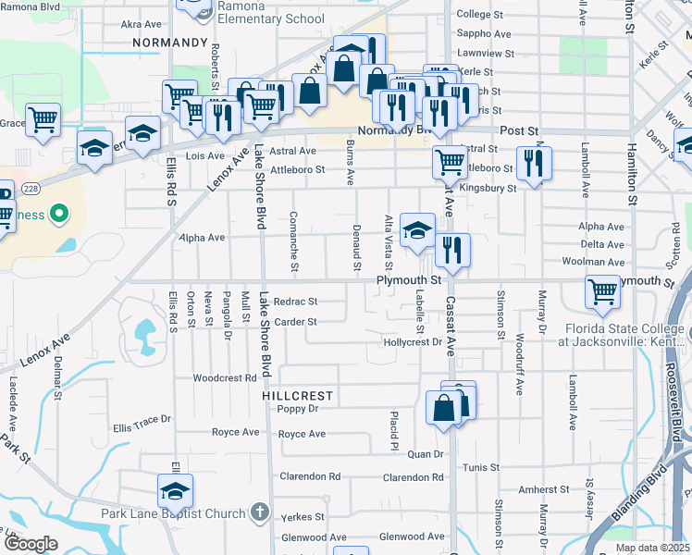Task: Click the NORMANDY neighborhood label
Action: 169,43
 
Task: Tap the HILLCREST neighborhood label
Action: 297,395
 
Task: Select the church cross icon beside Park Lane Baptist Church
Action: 261,512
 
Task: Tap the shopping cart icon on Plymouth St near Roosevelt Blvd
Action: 602,292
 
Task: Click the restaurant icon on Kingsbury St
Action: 533,164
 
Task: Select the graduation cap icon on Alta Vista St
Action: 418,228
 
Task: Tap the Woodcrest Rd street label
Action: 224,378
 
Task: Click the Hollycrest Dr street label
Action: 413,342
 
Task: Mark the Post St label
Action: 519,131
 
